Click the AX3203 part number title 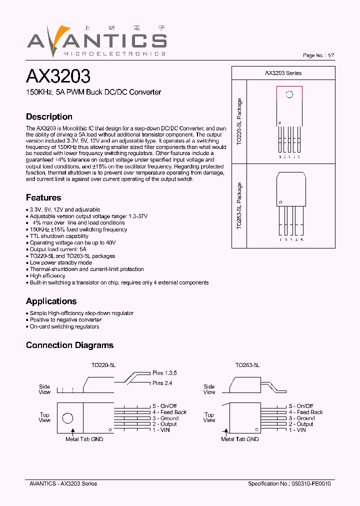pyautogui.click(x=58, y=76)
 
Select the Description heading pyautogui.click(x=49, y=116)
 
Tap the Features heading pyautogui.click(x=43, y=197)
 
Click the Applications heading pyautogui.click(x=51, y=301)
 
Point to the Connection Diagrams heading pyautogui.click(x=69, y=345)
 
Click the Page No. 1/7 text pyautogui.click(x=319, y=55)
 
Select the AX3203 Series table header pyautogui.click(x=283, y=73)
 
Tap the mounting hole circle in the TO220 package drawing pyautogui.click(x=289, y=94)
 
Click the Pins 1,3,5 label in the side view pyautogui.click(x=164, y=373)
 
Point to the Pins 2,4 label pyautogui.click(x=162, y=383)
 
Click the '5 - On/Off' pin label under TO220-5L pyautogui.click(x=164, y=406)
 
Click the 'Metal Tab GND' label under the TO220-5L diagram pyautogui.click(x=84, y=439)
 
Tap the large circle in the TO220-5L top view pyautogui.click(x=67, y=418)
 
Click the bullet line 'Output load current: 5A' pyautogui.click(x=58, y=249)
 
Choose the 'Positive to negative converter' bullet pyautogui.click(x=65, y=319)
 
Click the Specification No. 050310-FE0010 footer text pyautogui.click(x=289, y=483)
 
